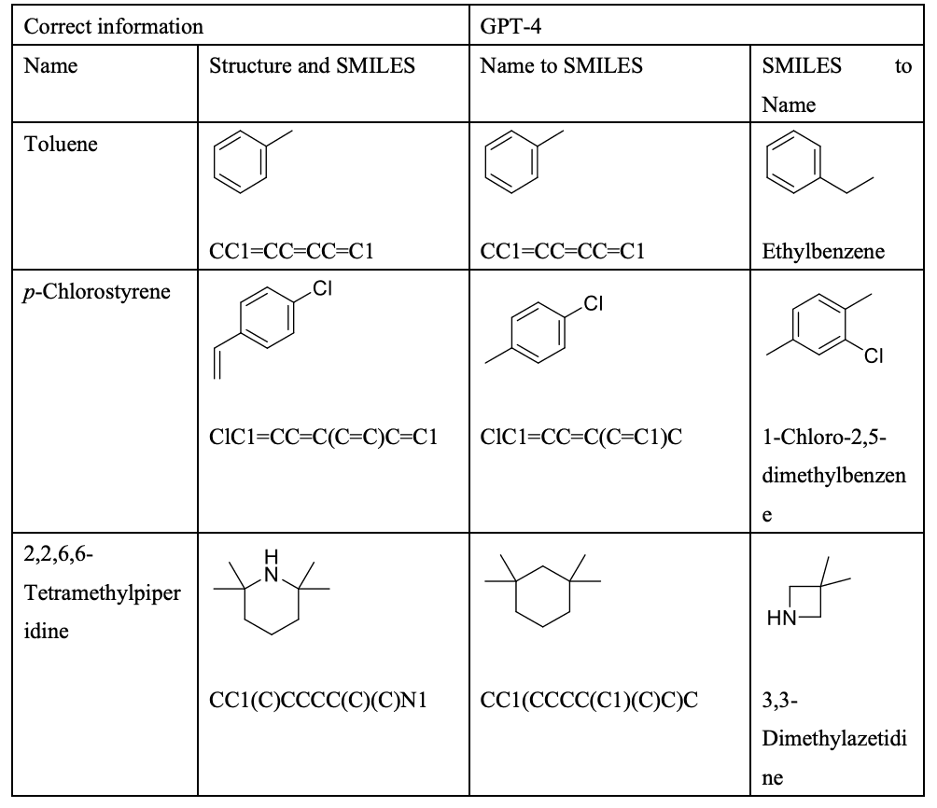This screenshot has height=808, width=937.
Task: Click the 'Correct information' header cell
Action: (114, 26)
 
